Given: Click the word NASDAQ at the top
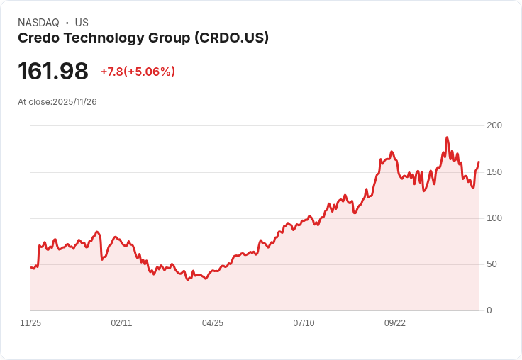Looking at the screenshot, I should (38, 23).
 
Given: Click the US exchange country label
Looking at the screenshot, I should (82, 23).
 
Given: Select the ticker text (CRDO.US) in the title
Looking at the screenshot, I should (231, 38).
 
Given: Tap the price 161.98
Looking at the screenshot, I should (53, 72).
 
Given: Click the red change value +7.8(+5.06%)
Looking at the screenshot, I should (138, 72).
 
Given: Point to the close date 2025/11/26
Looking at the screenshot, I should (74, 102).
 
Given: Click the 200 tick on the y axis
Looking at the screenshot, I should (494, 125).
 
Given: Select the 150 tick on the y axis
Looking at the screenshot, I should (494, 172).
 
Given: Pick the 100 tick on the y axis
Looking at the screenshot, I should (494, 218).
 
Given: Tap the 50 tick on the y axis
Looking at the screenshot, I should (492, 264).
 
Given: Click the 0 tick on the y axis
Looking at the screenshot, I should (489, 310).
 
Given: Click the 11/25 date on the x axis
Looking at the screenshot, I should (30, 323).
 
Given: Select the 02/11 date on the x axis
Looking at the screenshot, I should (121, 323).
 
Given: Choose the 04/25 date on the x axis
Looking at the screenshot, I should (213, 323).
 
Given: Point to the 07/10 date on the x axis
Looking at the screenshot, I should (304, 323).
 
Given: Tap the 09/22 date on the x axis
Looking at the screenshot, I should (395, 323).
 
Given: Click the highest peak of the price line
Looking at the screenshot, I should (447, 137).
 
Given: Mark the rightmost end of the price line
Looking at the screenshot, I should (479, 162).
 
